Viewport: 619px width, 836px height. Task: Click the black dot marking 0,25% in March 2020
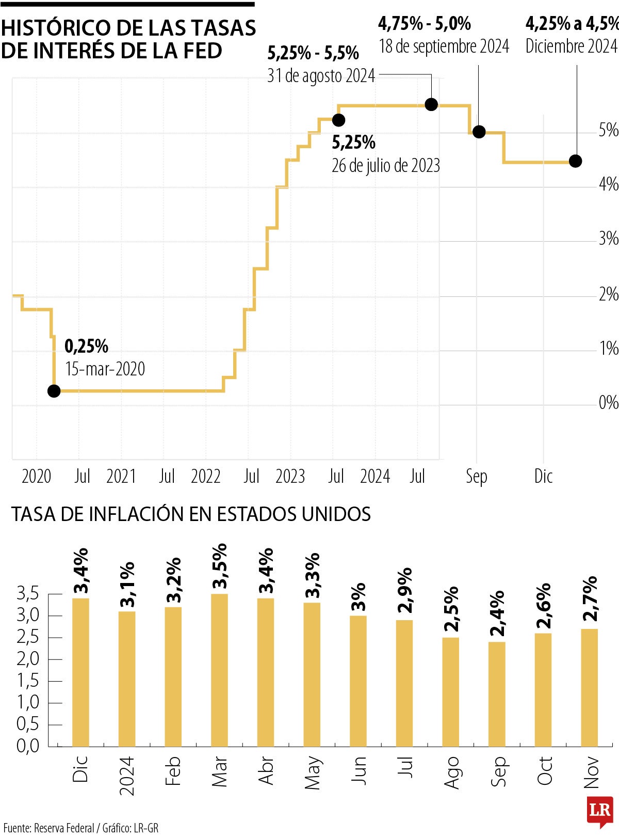[x=54, y=391]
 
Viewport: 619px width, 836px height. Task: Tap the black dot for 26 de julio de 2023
[x=338, y=120]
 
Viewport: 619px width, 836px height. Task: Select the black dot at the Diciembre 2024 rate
[x=575, y=161]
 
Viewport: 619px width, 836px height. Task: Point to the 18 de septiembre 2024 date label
[x=444, y=46]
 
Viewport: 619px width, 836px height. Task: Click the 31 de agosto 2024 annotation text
[x=321, y=76]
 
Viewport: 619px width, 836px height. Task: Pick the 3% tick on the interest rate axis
[x=608, y=239]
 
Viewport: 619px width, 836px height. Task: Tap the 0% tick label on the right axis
[x=608, y=402]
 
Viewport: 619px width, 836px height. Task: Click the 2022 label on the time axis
[x=205, y=476]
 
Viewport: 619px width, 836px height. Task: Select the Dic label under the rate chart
[x=543, y=476]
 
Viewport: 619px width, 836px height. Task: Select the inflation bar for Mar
[x=219, y=671]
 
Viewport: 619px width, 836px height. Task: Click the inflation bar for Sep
[x=497, y=695]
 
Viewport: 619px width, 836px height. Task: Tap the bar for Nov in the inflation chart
[x=590, y=688]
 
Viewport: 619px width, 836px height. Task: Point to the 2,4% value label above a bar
[x=497, y=614]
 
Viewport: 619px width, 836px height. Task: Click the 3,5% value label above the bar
[x=220, y=566]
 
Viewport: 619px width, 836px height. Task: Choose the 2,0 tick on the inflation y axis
[x=28, y=659]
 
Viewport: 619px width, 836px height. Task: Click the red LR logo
[x=600, y=809]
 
